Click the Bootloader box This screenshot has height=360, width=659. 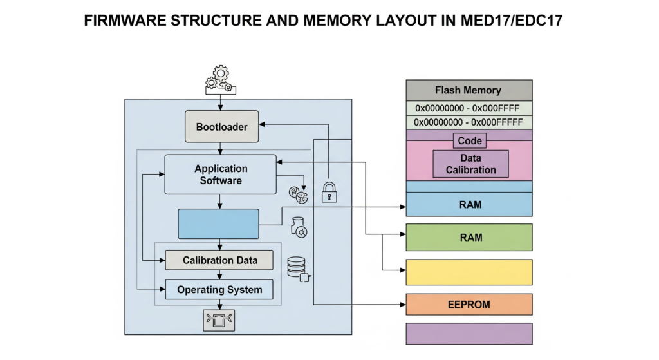click(x=221, y=127)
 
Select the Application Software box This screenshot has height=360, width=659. click(x=221, y=175)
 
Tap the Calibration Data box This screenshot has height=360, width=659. click(x=219, y=260)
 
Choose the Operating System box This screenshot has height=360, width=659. click(x=219, y=290)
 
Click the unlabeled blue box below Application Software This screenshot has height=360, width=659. click(x=219, y=224)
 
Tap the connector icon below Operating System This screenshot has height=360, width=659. click(x=219, y=319)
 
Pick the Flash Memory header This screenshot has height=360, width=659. click(x=469, y=90)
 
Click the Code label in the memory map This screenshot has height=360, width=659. click(x=470, y=140)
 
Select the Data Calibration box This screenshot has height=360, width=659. click(x=470, y=164)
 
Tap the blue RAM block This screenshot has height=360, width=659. click(x=469, y=205)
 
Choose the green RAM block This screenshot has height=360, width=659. click(x=469, y=238)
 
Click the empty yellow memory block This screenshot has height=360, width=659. click(x=469, y=272)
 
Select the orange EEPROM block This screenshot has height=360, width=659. click(x=469, y=303)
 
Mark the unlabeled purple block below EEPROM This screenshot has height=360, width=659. click(x=469, y=334)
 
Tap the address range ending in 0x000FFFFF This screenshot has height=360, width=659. click(x=469, y=122)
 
